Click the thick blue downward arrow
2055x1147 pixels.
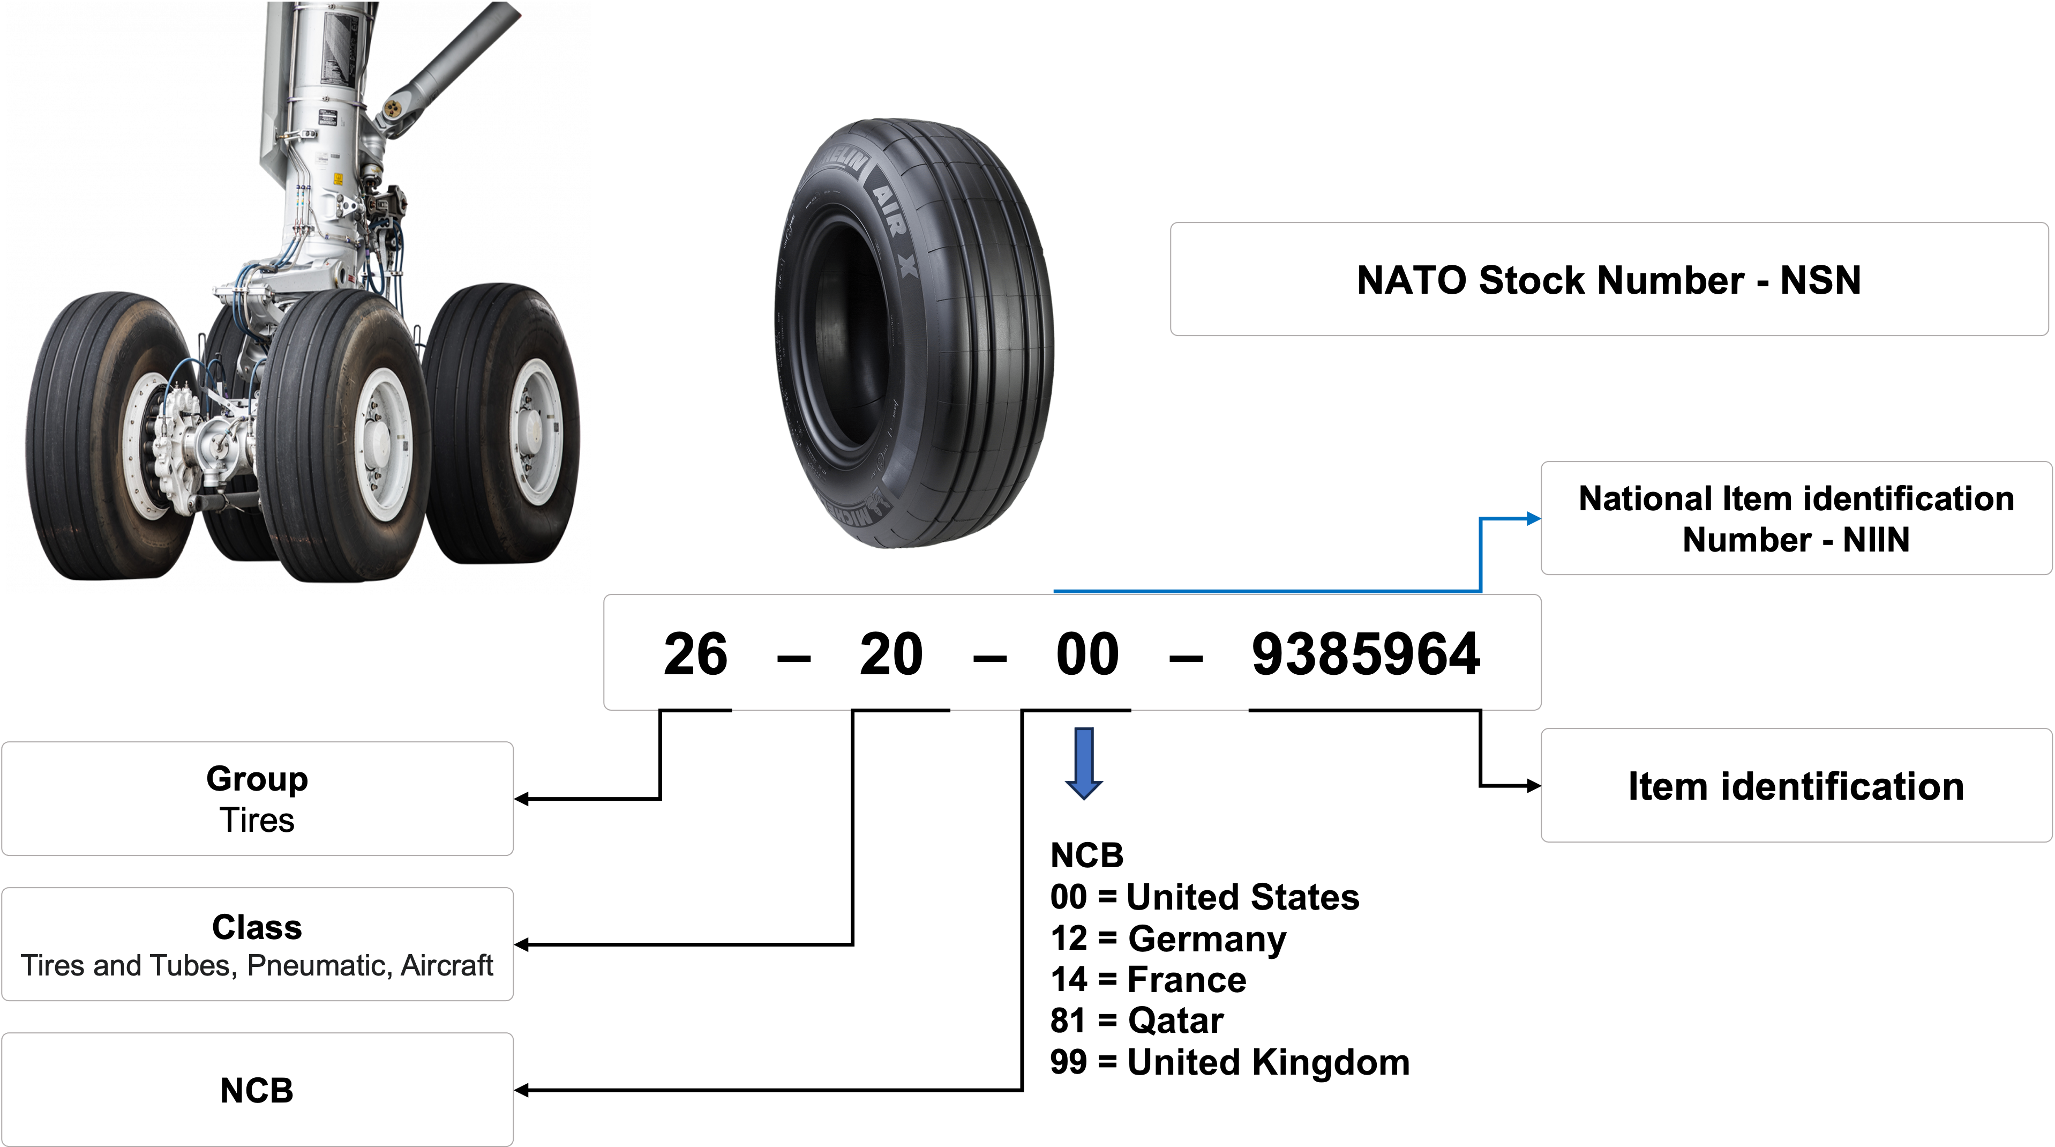1083,762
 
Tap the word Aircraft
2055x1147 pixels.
447,966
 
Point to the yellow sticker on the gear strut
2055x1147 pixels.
337,179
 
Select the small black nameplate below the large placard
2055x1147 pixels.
327,116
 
